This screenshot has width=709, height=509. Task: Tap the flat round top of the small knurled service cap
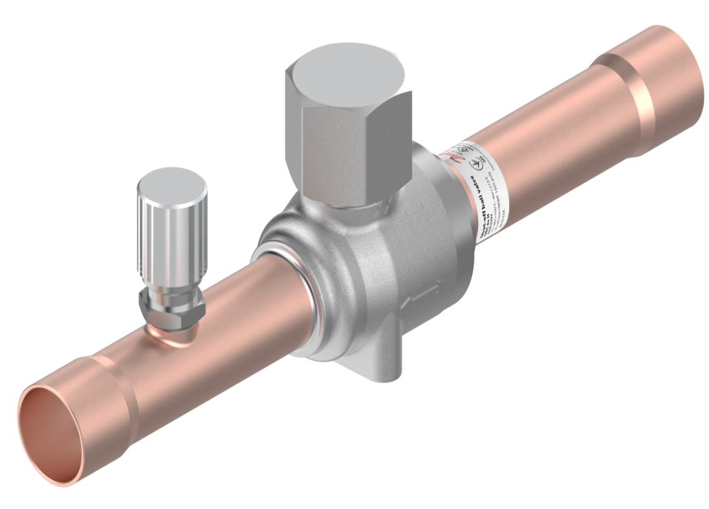tap(172, 182)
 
